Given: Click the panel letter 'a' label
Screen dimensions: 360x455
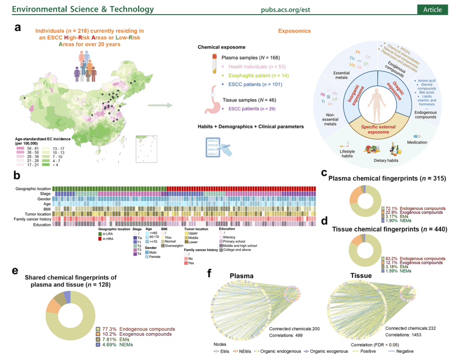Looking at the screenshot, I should [18, 28].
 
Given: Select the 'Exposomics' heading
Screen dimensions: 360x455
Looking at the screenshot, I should [294, 31].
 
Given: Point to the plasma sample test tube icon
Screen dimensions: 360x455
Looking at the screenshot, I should [213, 63].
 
